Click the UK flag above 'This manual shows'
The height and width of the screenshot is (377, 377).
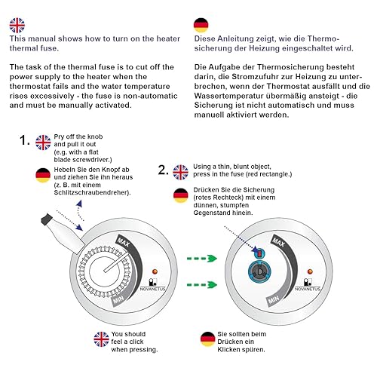pyautogui.click(x=17, y=26)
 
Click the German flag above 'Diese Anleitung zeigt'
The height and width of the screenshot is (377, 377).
pyautogui.click(x=201, y=25)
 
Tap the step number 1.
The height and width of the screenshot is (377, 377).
pyautogui.click(x=24, y=140)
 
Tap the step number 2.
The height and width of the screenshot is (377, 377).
pyautogui.click(x=163, y=170)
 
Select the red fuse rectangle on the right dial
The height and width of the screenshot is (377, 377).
pyautogui.click(x=259, y=254)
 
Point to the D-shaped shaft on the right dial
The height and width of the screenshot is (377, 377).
pyautogui.click(x=260, y=271)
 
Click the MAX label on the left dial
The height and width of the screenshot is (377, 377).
pyautogui.click(x=124, y=242)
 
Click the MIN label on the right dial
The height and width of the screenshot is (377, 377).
pyautogui.click(x=274, y=299)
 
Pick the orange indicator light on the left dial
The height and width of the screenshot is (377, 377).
pyautogui.click(x=155, y=271)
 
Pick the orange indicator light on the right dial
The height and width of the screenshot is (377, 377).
pyautogui.click(x=310, y=271)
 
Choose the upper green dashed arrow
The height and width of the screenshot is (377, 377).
pyautogui.click(x=202, y=259)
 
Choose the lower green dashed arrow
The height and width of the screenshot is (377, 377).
pyautogui.click(x=202, y=285)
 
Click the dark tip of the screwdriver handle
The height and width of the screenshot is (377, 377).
pyautogui.click(x=46, y=219)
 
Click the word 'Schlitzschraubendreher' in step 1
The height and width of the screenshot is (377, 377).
pyautogui.click(x=92, y=193)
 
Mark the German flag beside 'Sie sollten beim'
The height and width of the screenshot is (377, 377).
pyautogui.click(x=207, y=339)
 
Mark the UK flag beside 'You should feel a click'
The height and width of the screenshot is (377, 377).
pyautogui.click(x=101, y=339)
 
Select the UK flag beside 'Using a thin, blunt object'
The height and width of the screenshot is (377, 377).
pyautogui.click(x=180, y=173)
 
